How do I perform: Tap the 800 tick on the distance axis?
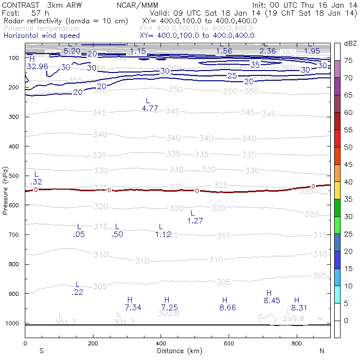pos(297,344)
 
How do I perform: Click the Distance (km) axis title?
pos(178,351)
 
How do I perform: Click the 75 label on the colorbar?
pos(348,60)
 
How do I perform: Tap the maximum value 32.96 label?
pos(37,66)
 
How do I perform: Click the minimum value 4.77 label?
pos(150,108)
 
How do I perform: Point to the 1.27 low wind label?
pos(195,220)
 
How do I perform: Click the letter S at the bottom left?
pos(42,351)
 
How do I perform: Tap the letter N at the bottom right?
pos(322,351)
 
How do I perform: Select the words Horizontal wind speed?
pos(41,36)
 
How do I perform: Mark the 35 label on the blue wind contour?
pos(255,64)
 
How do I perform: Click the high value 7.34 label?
pos(133,307)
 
